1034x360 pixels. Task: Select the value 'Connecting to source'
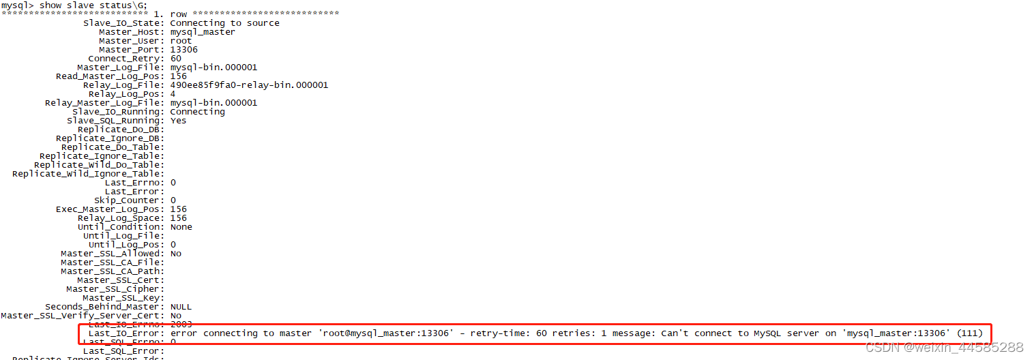tap(224, 22)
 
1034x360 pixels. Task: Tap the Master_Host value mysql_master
tap(203, 31)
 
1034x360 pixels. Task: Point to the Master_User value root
tap(181, 40)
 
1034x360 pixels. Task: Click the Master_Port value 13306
tap(183, 49)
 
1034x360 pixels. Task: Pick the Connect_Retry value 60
tap(175, 58)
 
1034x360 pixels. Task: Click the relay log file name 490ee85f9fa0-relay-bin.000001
tap(249, 85)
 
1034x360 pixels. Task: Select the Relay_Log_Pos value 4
tap(173, 93)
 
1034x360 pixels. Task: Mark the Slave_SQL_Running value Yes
tap(178, 120)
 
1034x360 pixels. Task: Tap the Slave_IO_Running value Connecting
tap(197, 111)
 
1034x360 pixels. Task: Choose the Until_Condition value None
tap(181, 226)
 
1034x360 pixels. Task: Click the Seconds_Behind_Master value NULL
tap(181, 306)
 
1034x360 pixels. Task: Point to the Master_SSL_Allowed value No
tap(175, 253)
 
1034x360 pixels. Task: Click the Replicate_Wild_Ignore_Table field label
tap(88, 173)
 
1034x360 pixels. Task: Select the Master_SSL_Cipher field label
tap(115, 288)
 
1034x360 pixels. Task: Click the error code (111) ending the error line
tap(969, 333)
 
